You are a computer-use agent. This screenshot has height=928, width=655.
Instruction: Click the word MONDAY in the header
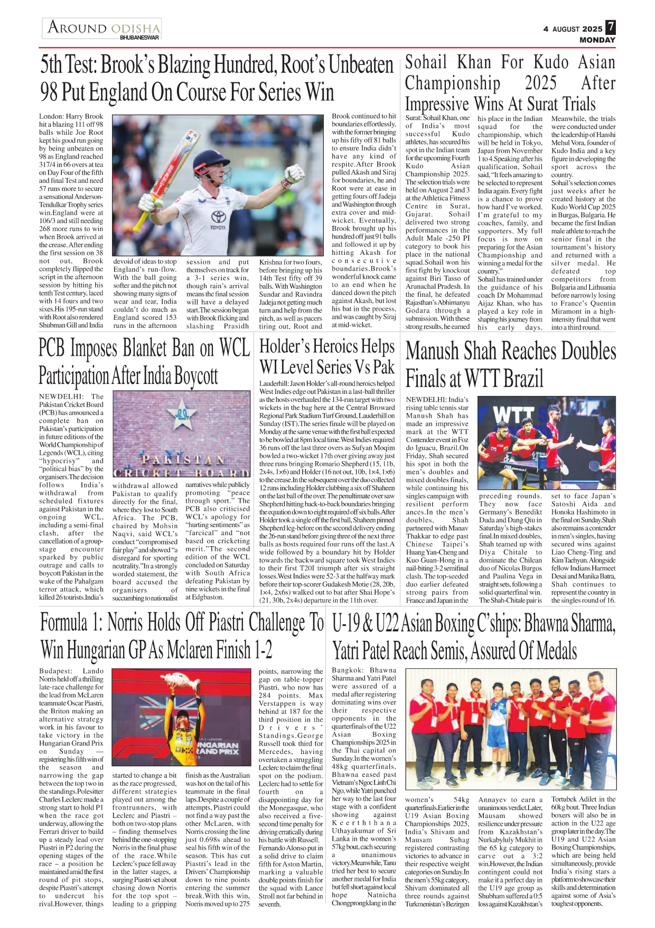pos(597,40)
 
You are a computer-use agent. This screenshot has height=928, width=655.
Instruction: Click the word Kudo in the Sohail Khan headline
pos(551,62)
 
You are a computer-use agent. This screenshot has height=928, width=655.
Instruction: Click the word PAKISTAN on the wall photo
pos(183,460)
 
